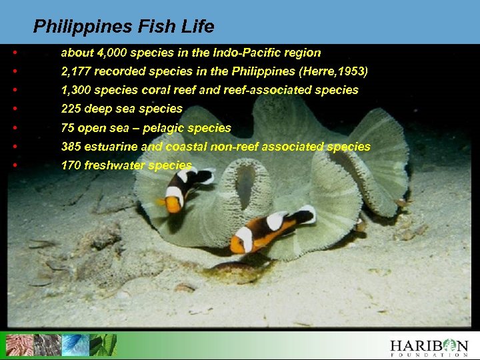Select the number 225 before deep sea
click(71, 108)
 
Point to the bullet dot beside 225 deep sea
click(15, 108)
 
